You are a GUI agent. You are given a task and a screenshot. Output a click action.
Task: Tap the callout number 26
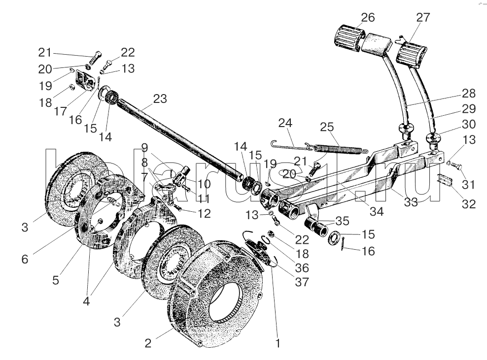tap(368, 17)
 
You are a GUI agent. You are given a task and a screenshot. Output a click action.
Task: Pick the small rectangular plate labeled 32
tap(446, 181)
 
